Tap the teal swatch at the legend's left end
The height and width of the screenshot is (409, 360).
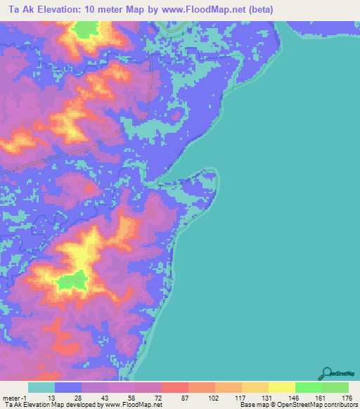click(x=41, y=387)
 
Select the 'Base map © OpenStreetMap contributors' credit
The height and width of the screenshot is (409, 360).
click(x=298, y=405)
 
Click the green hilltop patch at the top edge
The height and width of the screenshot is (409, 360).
click(x=86, y=29)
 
